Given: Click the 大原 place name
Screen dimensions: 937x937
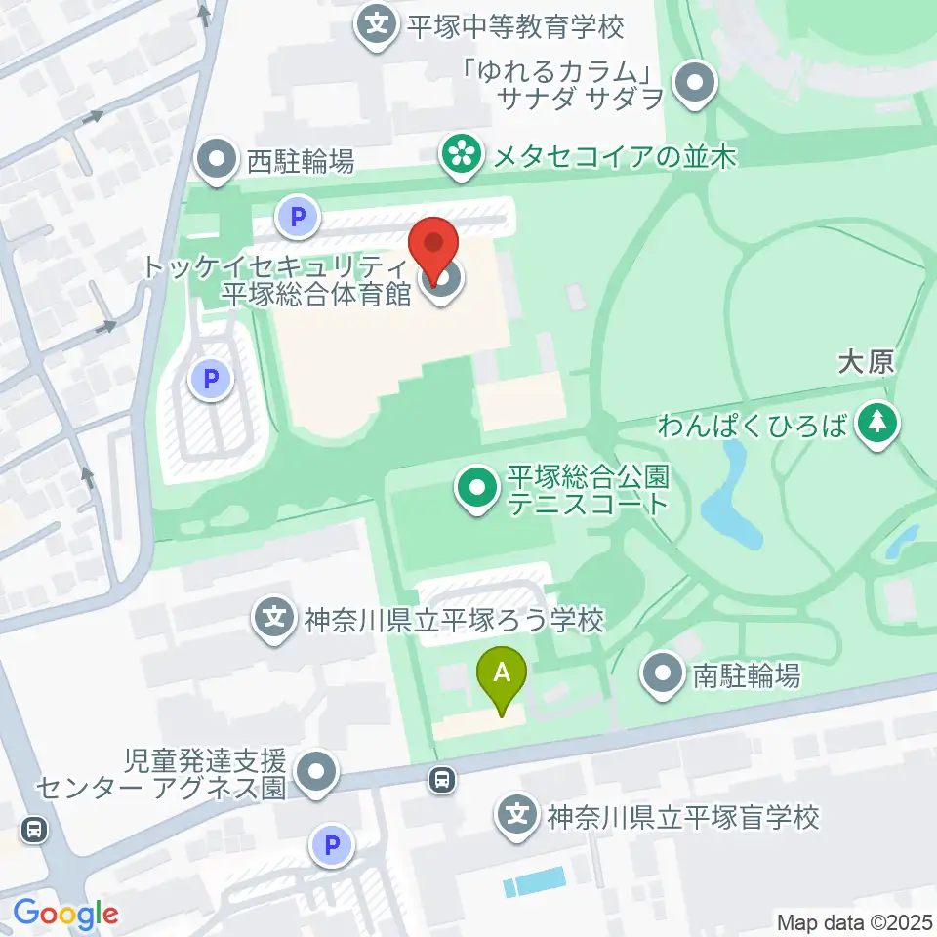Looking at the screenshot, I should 866,364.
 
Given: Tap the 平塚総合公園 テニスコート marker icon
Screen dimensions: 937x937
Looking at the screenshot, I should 477,487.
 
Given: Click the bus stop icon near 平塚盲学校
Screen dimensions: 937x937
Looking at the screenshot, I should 442,779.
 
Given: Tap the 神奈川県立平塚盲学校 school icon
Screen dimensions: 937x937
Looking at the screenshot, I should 518,815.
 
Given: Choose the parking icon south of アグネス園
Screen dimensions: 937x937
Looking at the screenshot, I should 331,845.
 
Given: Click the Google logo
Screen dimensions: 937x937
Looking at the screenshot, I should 65,915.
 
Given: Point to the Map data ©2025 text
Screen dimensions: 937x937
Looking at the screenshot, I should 855,921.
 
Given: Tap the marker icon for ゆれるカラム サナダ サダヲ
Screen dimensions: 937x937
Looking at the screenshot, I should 695,83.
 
